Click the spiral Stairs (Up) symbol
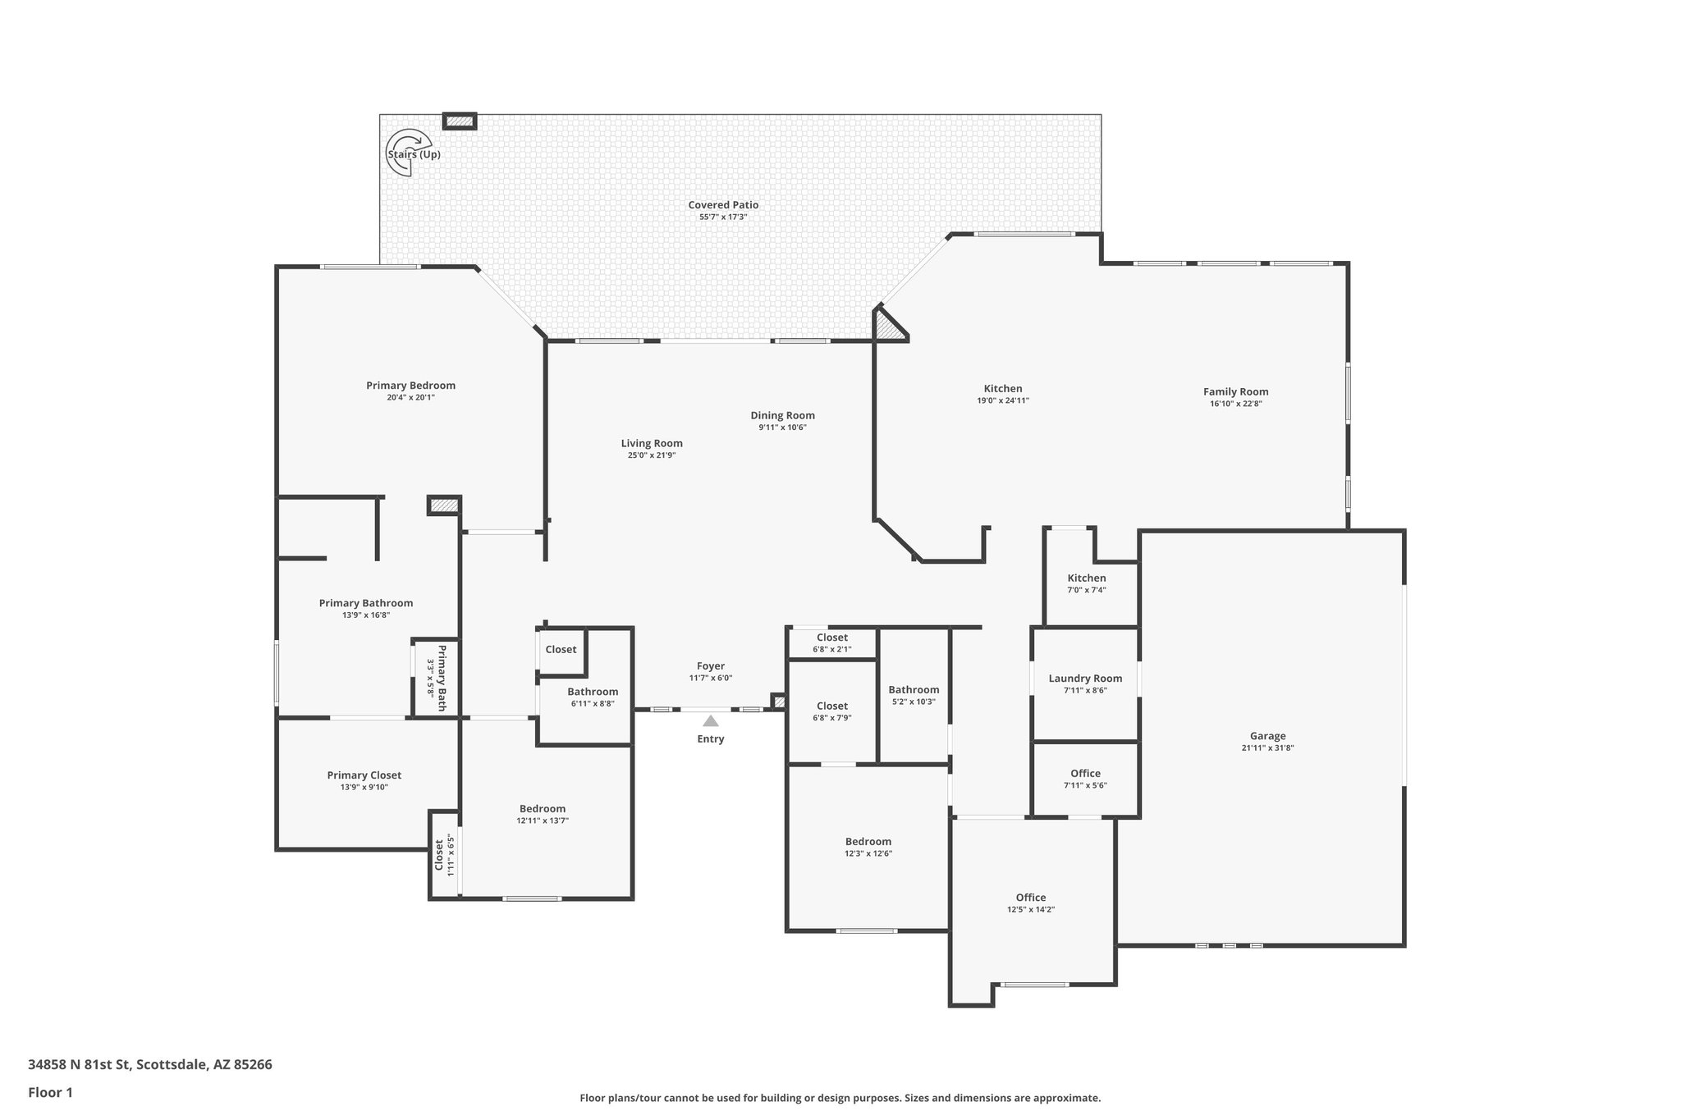408,153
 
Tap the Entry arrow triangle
711,721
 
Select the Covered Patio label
723,205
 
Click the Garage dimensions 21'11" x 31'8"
1267,747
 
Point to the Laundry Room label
1085,679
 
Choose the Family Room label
1235,391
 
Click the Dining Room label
782,415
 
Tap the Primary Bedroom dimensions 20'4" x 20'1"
410,397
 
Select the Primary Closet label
364,775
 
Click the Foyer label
711,666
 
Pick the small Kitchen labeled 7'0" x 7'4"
1086,578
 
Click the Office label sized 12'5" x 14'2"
1031,898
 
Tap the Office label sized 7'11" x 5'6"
1085,774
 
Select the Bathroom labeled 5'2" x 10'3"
914,690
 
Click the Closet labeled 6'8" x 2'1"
831,638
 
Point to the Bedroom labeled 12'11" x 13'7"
542,808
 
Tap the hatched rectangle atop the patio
460,121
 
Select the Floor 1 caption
50,1092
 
